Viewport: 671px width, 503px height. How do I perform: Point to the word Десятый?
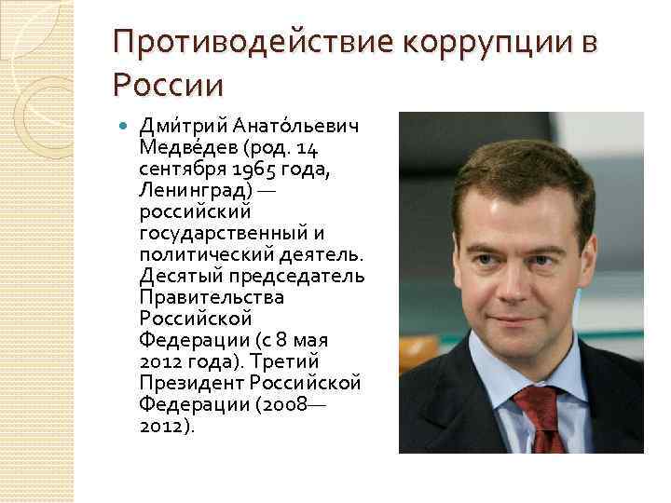(175, 277)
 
